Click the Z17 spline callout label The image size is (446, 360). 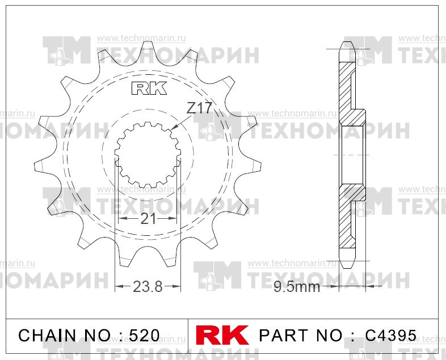pyautogui.click(x=199, y=108)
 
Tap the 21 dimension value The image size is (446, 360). pyautogui.click(x=148, y=218)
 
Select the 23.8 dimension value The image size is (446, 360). pyautogui.click(x=148, y=286)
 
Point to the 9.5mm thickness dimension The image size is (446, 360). pyautogui.click(x=297, y=287)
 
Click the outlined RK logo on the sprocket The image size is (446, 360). pyautogui.click(x=149, y=88)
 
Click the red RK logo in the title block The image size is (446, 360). pyautogui.click(x=222, y=335)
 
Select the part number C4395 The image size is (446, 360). pyautogui.click(x=390, y=336)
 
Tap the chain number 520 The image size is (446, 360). pyautogui.click(x=144, y=336)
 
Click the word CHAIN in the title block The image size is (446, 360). pyautogui.click(x=47, y=336)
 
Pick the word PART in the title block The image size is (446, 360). pyautogui.click(x=284, y=336)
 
